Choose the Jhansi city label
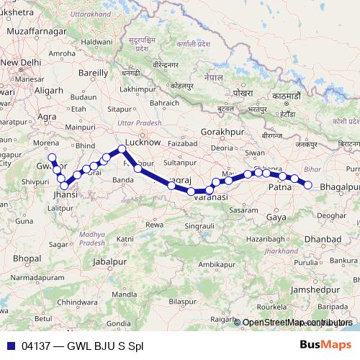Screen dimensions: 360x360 click(66, 194)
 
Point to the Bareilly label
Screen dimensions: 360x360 click(93, 73)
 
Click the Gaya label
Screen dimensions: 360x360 click(276, 216)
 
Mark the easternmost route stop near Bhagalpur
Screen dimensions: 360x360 click(308, 185)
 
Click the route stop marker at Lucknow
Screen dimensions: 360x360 click(122, 149)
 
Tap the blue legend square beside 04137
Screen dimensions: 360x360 click(11, 346)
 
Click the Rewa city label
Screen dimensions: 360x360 click(154, 225)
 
